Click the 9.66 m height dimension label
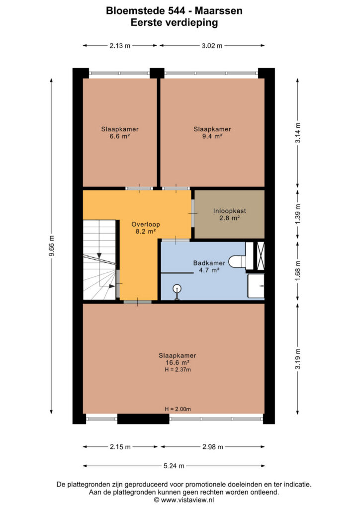point(51,246)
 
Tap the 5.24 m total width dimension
point(174,466)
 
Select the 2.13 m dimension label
point(120,46)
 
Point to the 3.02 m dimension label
point(212,46)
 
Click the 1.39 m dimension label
point(298,214)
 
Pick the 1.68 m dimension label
point(298,270)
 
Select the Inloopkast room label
point(230,211)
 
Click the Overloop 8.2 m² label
point(145,228)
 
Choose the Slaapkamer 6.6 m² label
point(120,132)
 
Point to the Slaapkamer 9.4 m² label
point(212,132)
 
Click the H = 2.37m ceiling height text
point(178,369)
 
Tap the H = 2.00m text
point(178,409)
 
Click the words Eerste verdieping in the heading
point(174,22)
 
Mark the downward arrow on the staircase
point(99,256)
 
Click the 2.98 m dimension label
point(213,447)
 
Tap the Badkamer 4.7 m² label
point(209,266)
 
